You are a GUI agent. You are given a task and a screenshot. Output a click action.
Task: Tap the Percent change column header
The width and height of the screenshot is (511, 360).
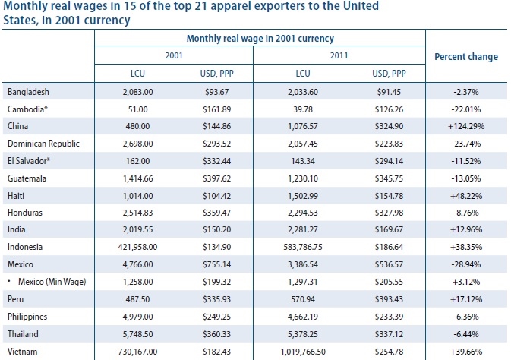pyautogui.click(x=465, y=57)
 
